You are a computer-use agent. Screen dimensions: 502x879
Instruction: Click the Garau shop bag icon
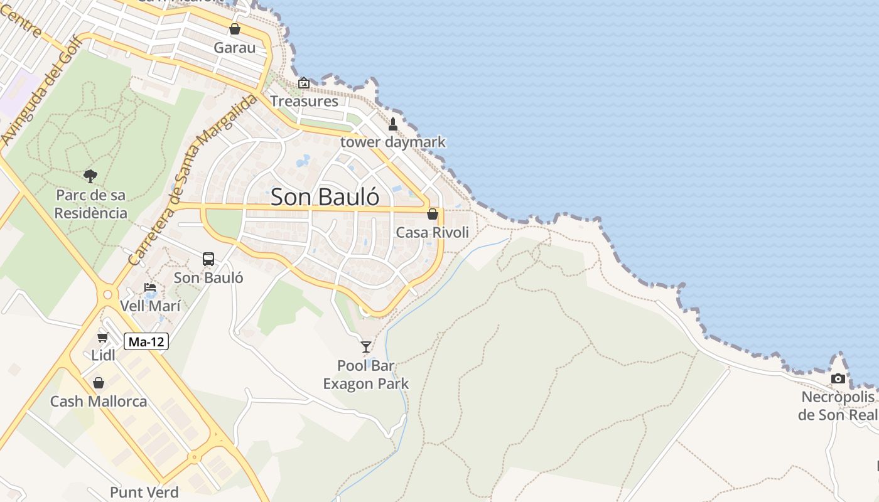(235, 29)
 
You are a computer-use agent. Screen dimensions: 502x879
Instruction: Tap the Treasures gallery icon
(304, 83)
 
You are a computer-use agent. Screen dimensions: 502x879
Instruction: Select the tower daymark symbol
(393, 124)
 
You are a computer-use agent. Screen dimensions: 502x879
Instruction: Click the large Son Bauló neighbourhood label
(325, 197)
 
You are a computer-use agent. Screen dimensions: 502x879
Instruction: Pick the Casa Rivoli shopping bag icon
(433, 214)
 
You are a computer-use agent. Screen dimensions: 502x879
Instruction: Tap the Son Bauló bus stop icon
(208, 259)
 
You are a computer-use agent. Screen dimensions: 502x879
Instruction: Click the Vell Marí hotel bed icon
(150, 288)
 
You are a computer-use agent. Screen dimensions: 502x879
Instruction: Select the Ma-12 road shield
(146, 342)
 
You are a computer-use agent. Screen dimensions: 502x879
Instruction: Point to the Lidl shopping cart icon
(103, 338)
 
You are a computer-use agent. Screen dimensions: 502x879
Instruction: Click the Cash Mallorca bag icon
(99, 383)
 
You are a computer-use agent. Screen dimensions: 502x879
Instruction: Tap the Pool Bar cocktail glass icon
(366, 346)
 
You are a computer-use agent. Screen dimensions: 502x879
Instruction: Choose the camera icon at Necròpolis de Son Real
(838, 378)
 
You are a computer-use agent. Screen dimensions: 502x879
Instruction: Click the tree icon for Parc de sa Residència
(90, 176)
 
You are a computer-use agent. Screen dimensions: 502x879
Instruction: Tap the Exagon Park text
(366, 383)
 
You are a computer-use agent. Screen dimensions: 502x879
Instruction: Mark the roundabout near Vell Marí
(107, 293)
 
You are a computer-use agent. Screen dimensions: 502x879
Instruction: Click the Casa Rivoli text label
(433, 233)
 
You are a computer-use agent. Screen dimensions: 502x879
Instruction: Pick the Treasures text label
(305, 101)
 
